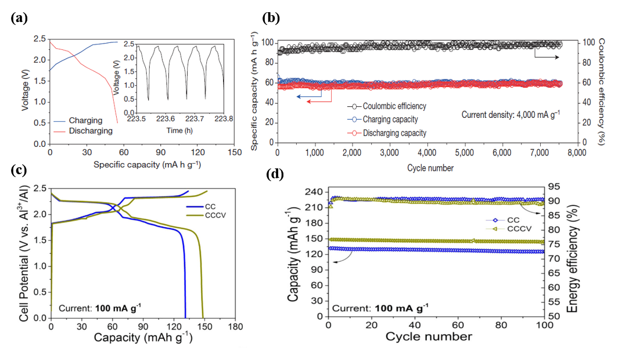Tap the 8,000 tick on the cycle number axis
coord(576,153)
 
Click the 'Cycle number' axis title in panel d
coord(437,337)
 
